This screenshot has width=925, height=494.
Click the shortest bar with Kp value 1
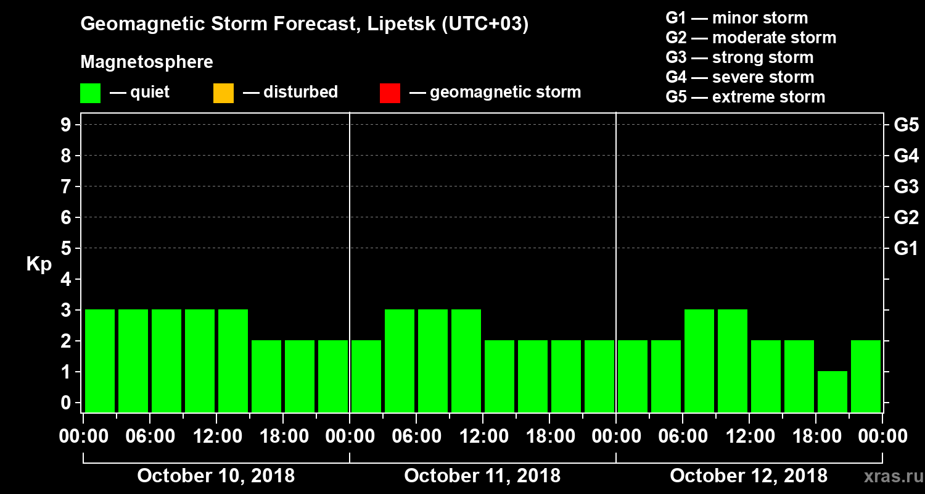[x=832, y=391]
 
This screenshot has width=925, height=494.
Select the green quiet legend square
[x=90, y=93]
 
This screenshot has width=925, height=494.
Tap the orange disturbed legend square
[x=223, y=93]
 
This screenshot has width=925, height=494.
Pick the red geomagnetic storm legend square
[x=390, y=93]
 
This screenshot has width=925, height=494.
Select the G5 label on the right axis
[x=906, y=125]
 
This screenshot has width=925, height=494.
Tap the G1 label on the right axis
[x=906, y=249]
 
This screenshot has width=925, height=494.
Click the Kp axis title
[x=39, y=264]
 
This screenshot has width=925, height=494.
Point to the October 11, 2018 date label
[x=482, y=476]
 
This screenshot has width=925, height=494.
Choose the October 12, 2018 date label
[x=749, y=476]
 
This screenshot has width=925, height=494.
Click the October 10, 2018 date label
[x=216, y=476]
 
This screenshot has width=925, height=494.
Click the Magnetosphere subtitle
[x=147, y=62]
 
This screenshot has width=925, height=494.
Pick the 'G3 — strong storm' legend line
[x=739, y=57]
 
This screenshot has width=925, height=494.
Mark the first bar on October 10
[x=100, y=361]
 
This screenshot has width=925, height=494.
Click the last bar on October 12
[x=866, y=376]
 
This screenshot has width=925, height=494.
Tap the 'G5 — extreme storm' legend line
[x=745, y=97]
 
